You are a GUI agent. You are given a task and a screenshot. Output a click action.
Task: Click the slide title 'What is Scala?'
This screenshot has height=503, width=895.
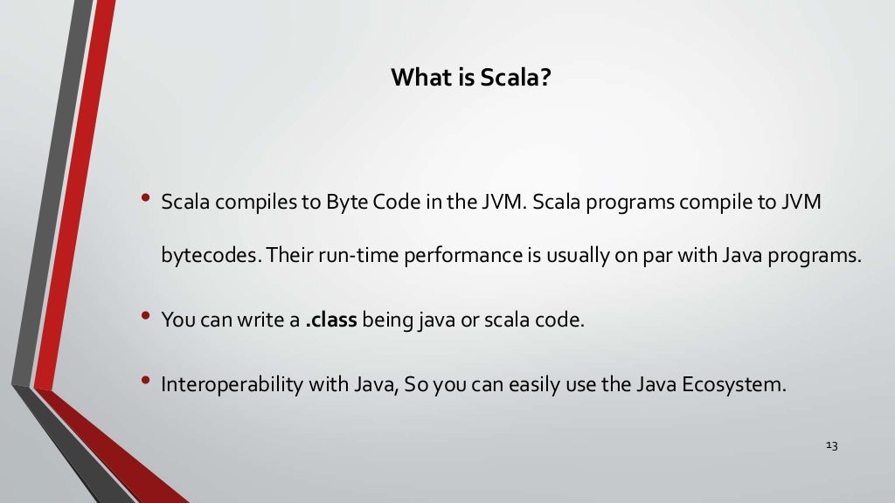470,78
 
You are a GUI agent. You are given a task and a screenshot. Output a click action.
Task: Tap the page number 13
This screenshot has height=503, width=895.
831,446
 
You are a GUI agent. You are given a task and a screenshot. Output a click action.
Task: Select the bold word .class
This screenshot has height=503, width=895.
331,320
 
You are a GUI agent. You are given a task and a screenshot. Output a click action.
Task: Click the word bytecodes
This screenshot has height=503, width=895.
210,257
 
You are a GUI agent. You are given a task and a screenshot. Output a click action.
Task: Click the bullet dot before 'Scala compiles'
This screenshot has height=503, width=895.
145,199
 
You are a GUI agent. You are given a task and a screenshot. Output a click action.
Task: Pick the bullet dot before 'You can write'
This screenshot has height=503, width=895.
145,316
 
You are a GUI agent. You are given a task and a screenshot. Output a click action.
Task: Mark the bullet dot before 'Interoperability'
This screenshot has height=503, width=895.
145,381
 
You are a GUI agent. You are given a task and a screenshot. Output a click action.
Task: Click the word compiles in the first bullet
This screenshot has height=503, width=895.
254,203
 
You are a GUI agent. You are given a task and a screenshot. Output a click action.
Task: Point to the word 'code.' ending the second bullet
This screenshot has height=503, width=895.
561,320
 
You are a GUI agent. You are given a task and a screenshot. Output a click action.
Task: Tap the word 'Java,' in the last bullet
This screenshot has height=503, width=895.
378,384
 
